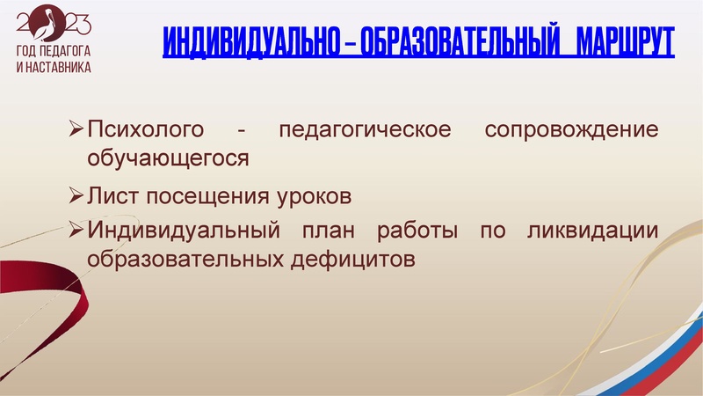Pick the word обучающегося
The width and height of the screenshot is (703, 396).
[x=168, y=158]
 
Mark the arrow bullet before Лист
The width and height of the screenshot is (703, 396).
[x=76, y=194]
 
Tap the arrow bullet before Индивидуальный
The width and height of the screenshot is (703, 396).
[x=76, y=231]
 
